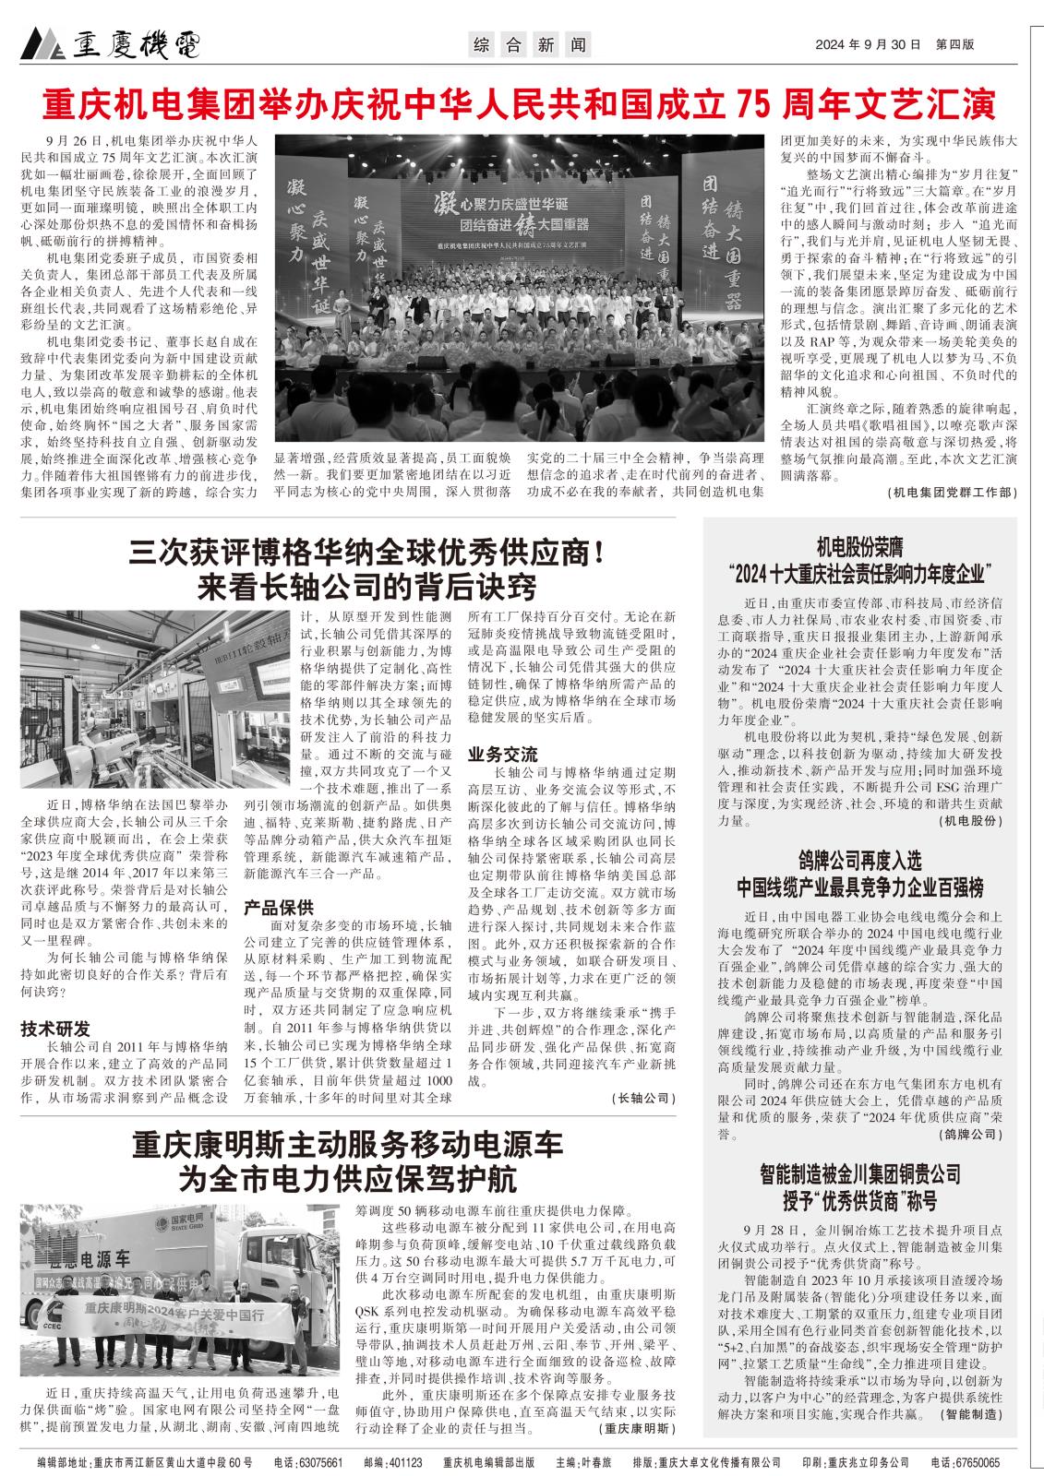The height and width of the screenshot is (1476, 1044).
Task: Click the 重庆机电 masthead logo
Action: [x=110, y=42]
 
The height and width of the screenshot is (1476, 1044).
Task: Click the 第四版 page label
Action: [x=954, y=43]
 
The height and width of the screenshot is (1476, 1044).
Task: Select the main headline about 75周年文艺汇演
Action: [x=521, y=105]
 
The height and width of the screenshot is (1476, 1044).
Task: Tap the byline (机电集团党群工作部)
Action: [x=951, y=493]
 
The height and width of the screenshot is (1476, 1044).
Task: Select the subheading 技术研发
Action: [x=55, y=1029]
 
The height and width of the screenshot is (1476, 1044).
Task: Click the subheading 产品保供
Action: [x=279, y=907]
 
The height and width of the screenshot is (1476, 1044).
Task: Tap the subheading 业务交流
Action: [x=502, y=752]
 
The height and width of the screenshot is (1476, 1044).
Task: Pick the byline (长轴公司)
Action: [x=643, y=1099]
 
